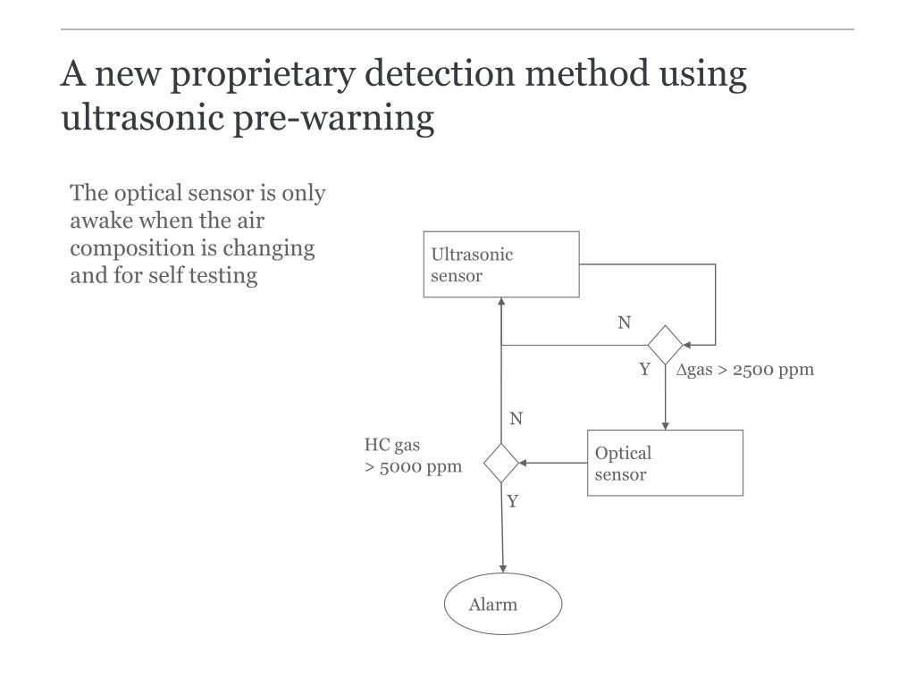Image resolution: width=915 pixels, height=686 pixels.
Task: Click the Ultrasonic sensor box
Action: [x=501, y=264]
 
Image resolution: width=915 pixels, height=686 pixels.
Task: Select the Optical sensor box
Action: [x=665, y=463]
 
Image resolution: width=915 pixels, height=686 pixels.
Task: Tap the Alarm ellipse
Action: [x=503, y=605]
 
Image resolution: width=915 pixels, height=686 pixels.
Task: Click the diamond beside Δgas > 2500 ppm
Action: [x=665, y=345]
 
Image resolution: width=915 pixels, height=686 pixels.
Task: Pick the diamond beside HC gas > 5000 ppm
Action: [x=501, y=463]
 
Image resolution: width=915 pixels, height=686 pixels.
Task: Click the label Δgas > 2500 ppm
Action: [x=744, y=370]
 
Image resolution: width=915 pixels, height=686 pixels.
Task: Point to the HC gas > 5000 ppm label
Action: [x=413, y=456]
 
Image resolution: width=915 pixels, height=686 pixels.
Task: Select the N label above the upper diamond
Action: [x=625, y=322]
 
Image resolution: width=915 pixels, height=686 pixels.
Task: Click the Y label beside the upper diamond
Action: [x=644, y=370]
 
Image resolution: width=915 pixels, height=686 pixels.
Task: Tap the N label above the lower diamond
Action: [x=516, y=419]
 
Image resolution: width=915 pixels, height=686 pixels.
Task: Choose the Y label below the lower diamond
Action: [x=513, y=501]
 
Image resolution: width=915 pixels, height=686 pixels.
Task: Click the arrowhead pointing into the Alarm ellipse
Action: [x=503, y=568]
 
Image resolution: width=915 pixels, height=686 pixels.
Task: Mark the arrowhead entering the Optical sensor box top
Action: [x=665, y=425]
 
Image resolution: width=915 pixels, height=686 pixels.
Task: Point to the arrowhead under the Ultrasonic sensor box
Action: [x=501, y=303]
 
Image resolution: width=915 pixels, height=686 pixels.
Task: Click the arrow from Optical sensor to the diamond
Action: [x=553, y=463]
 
